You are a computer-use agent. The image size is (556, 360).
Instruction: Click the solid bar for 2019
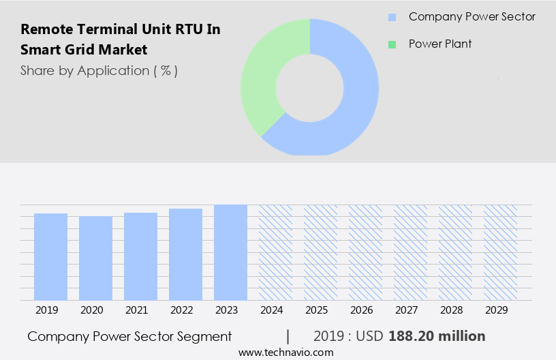50,256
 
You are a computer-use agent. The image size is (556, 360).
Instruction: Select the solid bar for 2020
95,258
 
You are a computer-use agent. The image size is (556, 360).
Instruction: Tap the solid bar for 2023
230,252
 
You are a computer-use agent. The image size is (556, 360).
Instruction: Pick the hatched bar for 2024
275,252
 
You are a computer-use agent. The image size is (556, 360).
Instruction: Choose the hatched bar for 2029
500,252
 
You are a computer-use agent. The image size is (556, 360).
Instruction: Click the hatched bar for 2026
365,252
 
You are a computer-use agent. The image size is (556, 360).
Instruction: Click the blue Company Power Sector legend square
392,17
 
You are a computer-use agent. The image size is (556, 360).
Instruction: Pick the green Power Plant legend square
392,44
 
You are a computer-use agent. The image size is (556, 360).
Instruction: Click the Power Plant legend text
439,44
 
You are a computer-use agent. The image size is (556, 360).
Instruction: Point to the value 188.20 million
437,336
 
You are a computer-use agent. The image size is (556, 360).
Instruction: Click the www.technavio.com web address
286,352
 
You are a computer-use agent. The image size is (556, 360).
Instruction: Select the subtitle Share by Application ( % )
99,71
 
